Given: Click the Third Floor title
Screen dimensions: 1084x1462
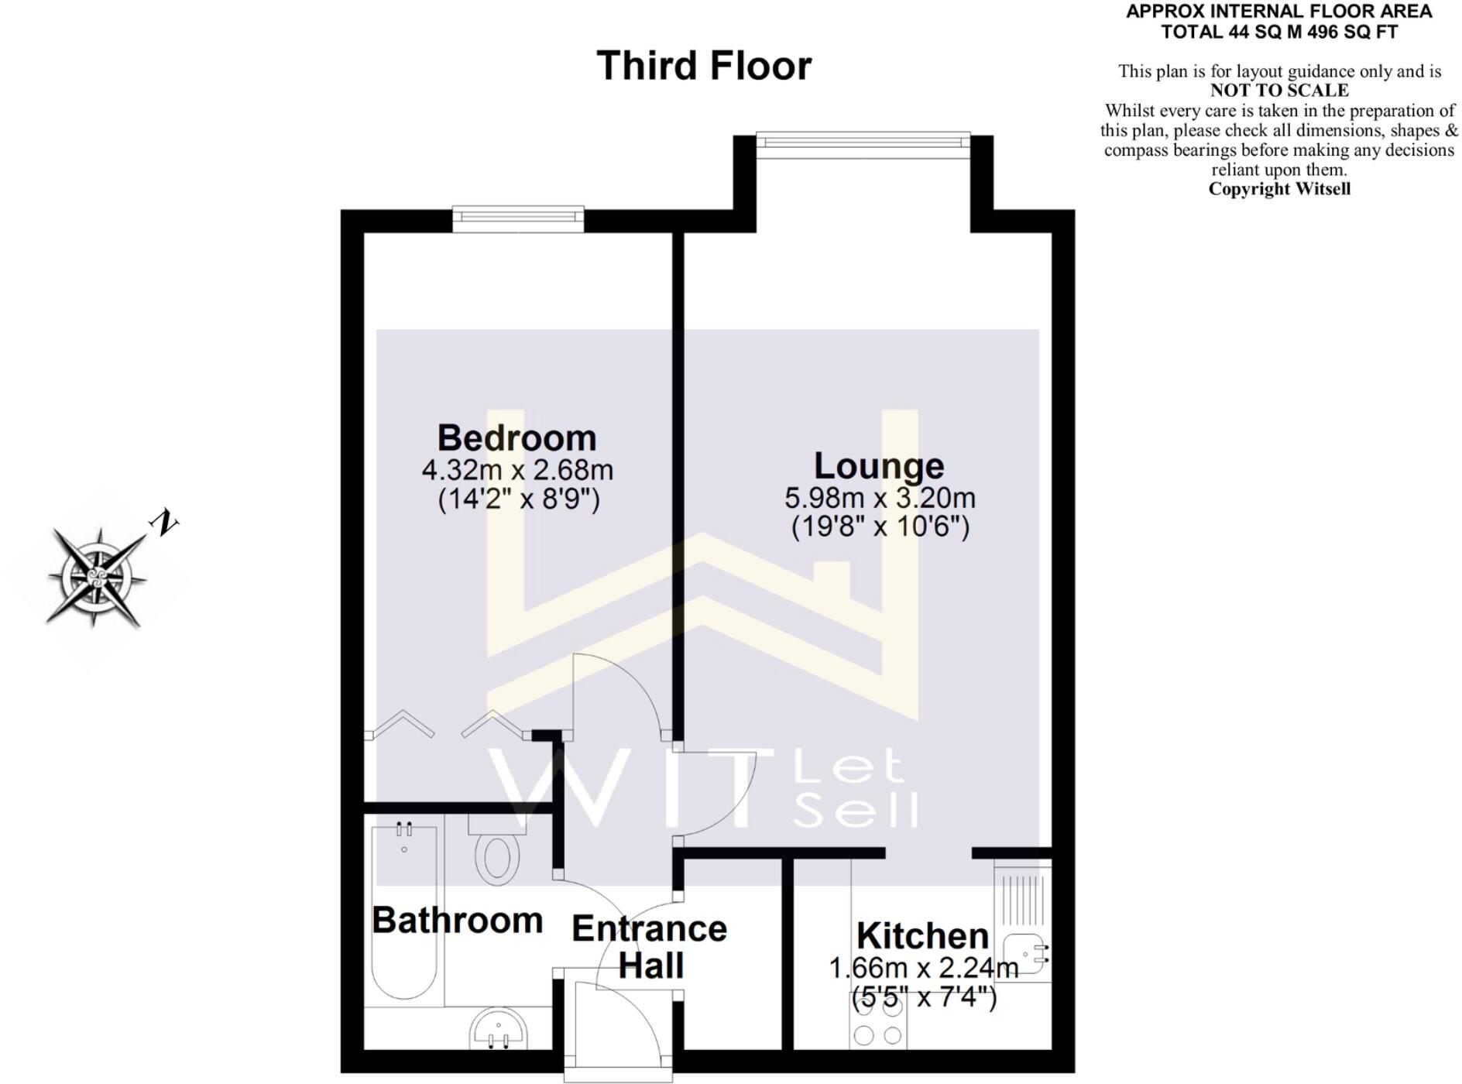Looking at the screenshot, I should coord(703,66).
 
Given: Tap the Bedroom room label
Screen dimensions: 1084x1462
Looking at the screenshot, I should coord(517,438).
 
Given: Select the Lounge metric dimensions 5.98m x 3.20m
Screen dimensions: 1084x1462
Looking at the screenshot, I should coord(880,498).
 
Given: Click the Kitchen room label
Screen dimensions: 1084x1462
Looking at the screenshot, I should coord(922,936).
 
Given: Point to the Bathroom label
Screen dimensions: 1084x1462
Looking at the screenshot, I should coord(457,921).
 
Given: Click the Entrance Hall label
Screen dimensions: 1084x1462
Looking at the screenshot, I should coord(650,947).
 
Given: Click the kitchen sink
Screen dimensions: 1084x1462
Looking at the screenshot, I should coord(1025,953).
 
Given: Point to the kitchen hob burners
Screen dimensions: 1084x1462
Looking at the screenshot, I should coord(877,1034).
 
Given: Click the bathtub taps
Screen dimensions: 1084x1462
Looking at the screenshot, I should coord(404,830).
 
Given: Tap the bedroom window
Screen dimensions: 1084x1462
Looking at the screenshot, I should coord(518,218).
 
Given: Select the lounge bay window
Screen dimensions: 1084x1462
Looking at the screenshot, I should coord(863,140).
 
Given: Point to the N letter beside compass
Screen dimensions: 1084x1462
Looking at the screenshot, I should coord(163,523).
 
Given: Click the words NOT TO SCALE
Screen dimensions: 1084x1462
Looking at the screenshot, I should coord(1279,91).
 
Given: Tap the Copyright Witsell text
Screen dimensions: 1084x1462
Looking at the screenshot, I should coord(1279,189).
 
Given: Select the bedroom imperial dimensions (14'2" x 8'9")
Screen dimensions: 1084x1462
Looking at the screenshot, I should coord(519,499).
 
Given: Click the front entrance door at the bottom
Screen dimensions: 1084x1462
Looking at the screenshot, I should coord(617,1030).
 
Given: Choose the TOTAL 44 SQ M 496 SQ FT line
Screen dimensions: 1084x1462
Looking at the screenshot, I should coord(1279,32).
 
